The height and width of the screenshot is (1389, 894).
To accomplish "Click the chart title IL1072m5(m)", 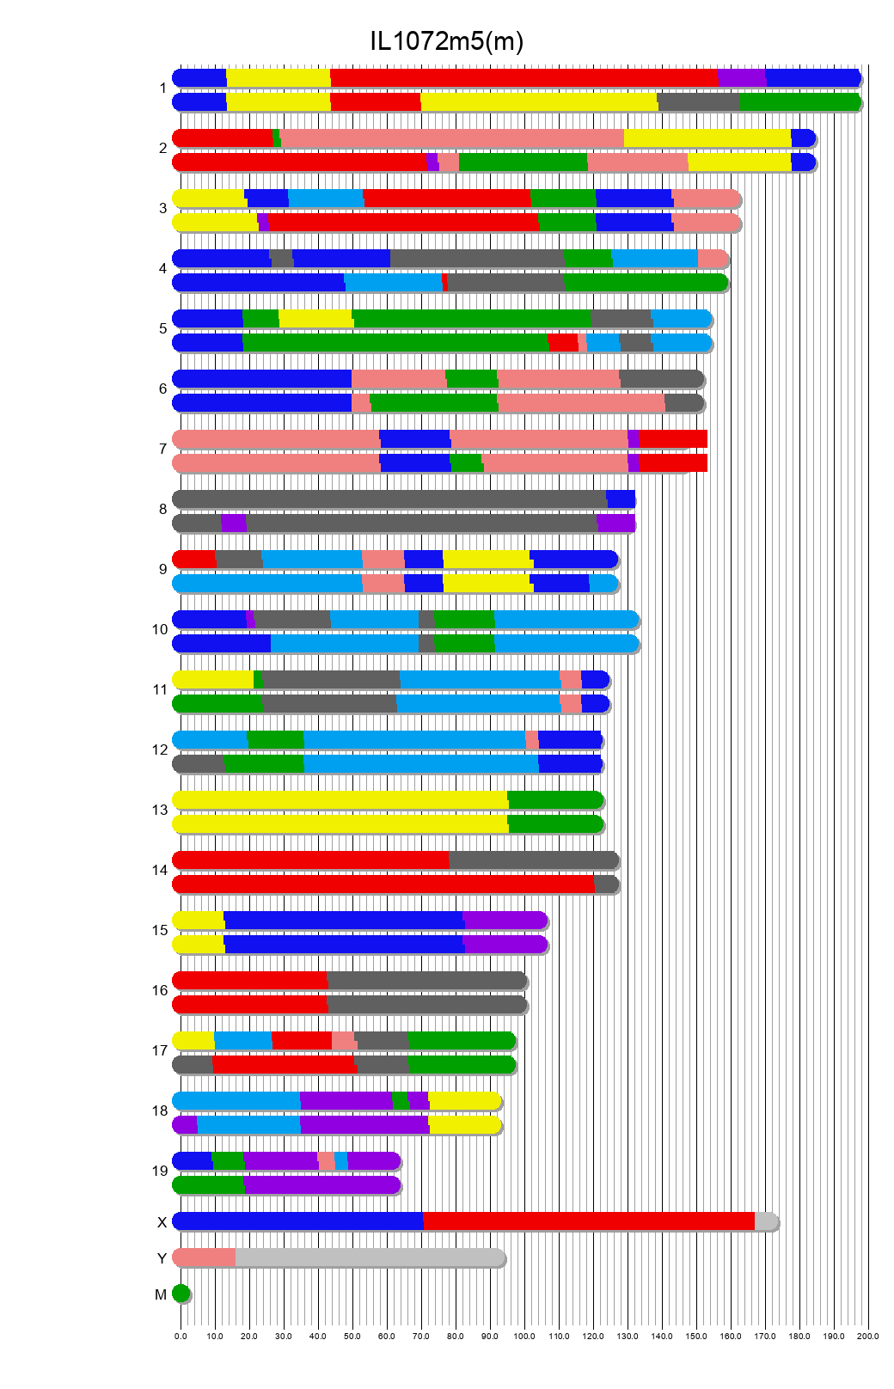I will click(446, 40).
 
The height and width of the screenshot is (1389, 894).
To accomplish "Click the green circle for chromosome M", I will click(181, 1294).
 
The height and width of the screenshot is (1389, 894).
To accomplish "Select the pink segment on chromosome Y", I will click(204, 1257).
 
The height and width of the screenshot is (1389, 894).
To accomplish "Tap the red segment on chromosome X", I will click(588, 1221).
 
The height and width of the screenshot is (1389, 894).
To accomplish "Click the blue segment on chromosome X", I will click(297, 1221).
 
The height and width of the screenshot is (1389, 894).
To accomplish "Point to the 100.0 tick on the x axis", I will click(524, 1336).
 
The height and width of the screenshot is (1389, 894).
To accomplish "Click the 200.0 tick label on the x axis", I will click(868, 1336).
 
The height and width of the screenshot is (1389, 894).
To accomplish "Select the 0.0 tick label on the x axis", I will click(181, 1336).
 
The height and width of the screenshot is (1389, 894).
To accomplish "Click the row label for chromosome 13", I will click(160, 811).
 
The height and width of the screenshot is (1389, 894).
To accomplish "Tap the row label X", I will click(162, 1222).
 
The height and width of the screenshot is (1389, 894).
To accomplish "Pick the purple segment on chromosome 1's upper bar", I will click(741, 77).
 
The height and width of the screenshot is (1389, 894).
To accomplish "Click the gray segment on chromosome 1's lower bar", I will click(698, 102).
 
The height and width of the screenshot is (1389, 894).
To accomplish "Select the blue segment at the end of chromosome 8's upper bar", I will click(621, 499).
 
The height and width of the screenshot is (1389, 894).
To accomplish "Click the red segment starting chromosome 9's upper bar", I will click(194, 559).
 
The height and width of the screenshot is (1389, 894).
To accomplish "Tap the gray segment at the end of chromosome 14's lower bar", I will click(606, 884).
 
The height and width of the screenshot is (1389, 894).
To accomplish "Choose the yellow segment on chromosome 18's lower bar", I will click(464, 1125).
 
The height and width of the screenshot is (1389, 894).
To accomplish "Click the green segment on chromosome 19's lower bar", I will click(209, 1185).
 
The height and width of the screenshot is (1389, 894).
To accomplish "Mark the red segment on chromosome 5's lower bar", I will click(563, 343).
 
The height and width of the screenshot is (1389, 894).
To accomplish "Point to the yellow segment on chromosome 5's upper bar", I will click(315, 318).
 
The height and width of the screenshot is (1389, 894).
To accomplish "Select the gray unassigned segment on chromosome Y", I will click(370, 1257).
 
